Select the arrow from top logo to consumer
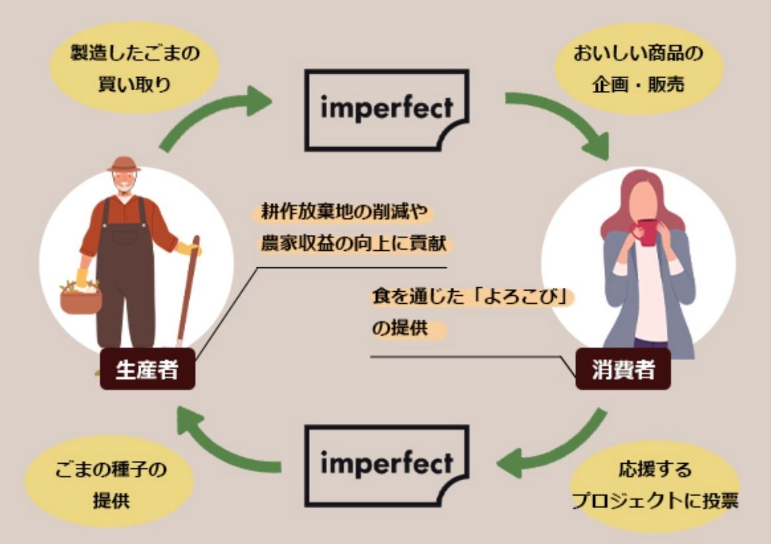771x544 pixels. pos(564,119)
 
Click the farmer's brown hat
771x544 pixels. pos(124,164)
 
